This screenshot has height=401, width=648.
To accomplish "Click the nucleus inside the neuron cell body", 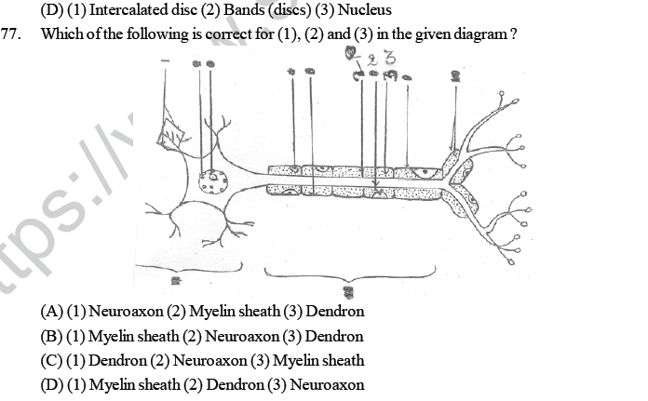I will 214,179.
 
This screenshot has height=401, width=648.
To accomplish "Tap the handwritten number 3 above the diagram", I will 389,58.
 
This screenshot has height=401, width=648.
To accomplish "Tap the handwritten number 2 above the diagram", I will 374,59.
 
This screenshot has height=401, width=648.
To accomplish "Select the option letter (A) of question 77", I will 52,312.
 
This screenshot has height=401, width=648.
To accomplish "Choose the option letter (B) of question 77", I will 52,336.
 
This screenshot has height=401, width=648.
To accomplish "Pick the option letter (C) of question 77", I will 52,360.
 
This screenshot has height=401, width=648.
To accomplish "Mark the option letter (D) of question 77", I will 52,384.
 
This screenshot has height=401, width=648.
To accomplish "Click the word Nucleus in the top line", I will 351,11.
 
